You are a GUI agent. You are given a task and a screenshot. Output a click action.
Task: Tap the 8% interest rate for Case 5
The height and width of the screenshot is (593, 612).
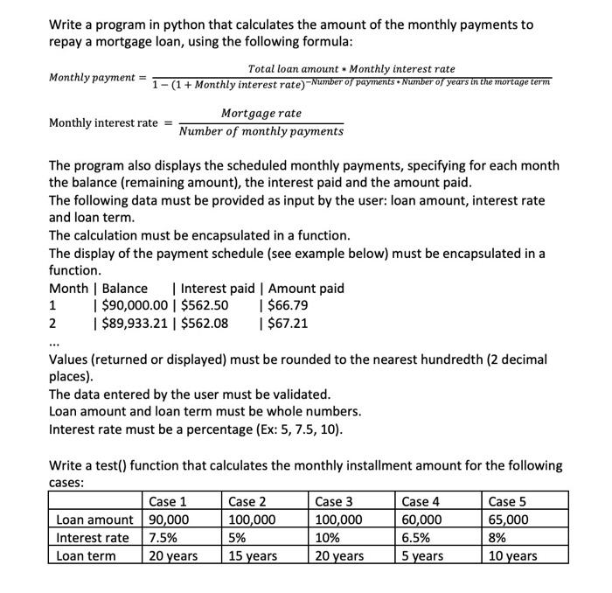point(498,537)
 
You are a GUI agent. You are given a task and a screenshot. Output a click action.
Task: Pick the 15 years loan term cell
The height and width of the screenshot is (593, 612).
point(253,555)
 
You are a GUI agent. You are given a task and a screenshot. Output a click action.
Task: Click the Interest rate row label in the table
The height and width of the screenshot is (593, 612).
point(92,537)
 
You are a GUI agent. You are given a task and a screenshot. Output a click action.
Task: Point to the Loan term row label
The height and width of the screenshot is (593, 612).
point(86,555)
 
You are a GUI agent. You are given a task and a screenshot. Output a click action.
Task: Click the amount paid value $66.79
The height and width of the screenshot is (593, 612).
point(289,306)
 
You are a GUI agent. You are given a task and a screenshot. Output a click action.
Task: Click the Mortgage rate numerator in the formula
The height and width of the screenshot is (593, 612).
point(261,114)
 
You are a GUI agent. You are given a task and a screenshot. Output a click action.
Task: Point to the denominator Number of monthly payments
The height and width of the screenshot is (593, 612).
point(261,131)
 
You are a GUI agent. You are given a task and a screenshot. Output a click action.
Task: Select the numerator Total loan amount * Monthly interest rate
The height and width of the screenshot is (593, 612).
point(351,68)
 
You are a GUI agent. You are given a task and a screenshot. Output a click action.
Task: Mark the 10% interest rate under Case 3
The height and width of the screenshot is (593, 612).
point(326,537)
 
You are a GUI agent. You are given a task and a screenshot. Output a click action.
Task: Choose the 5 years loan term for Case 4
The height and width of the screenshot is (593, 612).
point(422,555)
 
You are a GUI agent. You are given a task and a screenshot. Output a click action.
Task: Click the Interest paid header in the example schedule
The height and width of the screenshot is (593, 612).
point(218,289)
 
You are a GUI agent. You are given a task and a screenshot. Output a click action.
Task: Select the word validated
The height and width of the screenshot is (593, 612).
point(299,394)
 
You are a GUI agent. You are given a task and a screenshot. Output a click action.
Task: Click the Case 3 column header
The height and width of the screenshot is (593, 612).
point(334,501)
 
